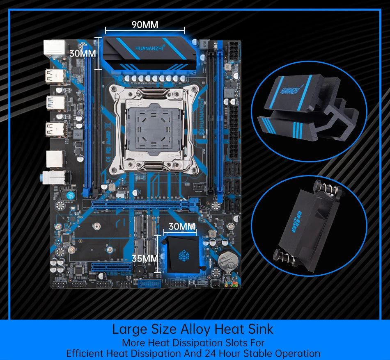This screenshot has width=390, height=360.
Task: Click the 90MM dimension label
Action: [145, 25]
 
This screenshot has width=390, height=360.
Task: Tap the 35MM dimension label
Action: [145, 258]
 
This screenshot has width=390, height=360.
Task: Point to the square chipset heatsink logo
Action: [181, 255]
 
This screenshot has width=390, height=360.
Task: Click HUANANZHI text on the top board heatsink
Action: [149, 48]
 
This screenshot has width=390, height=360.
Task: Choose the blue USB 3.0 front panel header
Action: [149, 284]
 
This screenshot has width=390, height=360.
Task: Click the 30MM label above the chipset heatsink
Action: [182, 226]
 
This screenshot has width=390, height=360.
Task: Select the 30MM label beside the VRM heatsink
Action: [82, 53]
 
